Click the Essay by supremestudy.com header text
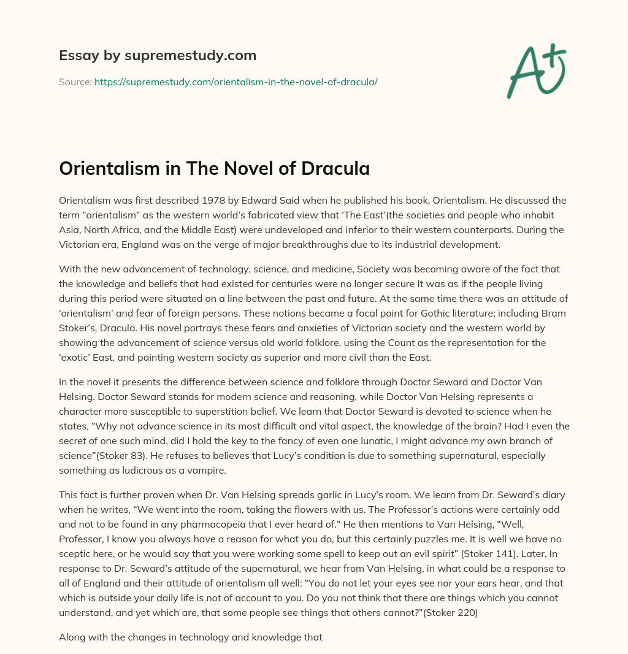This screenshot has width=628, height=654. [x=158, y=56]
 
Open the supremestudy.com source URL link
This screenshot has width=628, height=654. [x=235, y=82]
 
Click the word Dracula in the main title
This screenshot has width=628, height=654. [x=335, y=169]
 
